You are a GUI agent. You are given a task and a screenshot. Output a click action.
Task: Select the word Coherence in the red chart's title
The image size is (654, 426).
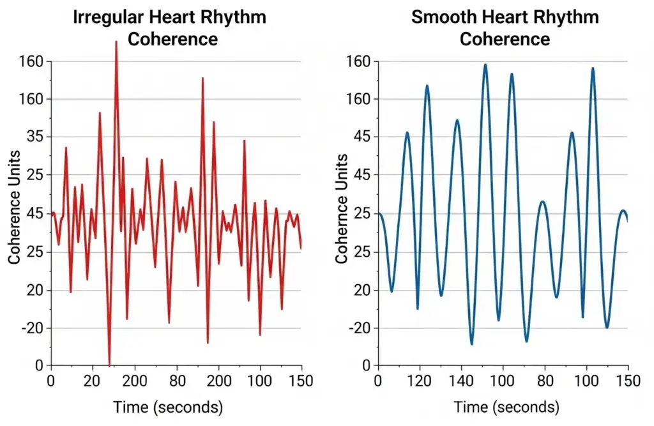[172, 39]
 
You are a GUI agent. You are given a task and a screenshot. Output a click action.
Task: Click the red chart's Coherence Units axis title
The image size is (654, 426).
[15, 207]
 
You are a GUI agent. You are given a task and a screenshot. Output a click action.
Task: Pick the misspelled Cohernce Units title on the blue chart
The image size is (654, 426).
[342, 208]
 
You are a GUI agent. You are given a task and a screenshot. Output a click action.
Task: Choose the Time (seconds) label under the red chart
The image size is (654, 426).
[168, 407]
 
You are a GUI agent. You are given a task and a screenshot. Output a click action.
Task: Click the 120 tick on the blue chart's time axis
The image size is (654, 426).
[420, 381]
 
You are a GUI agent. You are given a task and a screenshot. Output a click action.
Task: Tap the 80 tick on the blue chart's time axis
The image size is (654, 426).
[545, 381]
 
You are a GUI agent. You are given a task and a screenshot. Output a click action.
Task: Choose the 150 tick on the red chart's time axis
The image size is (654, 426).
[301, 381]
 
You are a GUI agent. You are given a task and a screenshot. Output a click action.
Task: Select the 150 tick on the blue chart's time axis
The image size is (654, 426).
[628, 381]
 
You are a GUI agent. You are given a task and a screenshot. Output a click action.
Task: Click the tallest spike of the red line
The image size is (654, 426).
[116, 42]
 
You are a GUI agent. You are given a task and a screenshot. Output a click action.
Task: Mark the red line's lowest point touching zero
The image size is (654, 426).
[109, 364]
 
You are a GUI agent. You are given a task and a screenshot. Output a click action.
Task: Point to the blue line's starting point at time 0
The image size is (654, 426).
[379, 213]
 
